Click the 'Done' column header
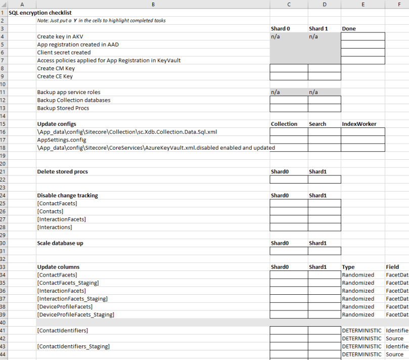(x=349, y=29)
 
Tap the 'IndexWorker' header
(x=359, y=124)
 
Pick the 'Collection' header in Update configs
(x=284, y=124)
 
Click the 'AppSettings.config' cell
(x=61, y=140)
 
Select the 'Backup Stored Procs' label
(x=63, y=108)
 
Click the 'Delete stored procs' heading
(x=63, y=171)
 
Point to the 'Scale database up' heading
(x=60, y=243)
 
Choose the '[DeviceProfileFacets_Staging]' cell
(x=76, y=314)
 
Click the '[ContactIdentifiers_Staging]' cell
(x=74, y=346)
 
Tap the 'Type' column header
(x=348, y=267)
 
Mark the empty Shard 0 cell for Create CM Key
(x=289, y=68)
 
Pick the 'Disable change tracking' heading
(x=68, y=195)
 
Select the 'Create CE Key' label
(x=55, y=76)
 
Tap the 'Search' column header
(x=317, y=124)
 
